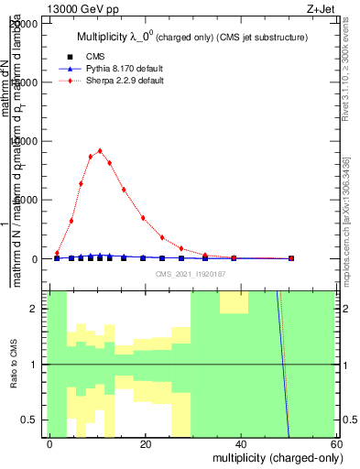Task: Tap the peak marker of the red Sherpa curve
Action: pyautogui.click(x=100, y=151)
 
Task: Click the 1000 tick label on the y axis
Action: pyautogui.click(x=27, y=201)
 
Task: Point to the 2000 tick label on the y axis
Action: pyautogui.click(x=27, y=142)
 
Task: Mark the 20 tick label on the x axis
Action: pyautogui.click(x=145, y=443)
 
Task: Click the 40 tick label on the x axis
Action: pyautogui.click(x=240, y=443)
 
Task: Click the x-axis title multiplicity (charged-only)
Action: pyautogui.click(x=274, y=457)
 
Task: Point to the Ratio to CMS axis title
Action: pyautogui.click(x=15, y=364)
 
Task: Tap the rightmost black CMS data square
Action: pyautogui.click(x=290, y=258)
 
